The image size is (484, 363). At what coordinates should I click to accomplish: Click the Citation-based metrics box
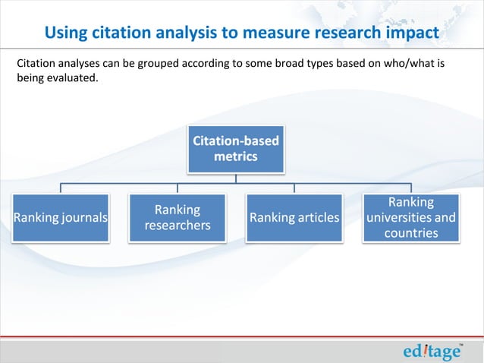[236, 149]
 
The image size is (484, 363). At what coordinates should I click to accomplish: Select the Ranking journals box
[61, 218]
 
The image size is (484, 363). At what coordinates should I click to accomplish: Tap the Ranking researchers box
[178, 218]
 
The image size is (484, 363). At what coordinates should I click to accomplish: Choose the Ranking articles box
[294, 218]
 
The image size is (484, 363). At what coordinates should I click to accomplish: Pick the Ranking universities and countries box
[411, 218]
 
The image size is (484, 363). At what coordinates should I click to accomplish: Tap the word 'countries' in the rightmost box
[411, 232]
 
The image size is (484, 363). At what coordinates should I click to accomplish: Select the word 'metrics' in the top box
[235, 156]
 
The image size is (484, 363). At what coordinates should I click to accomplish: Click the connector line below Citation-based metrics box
[236, 178]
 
